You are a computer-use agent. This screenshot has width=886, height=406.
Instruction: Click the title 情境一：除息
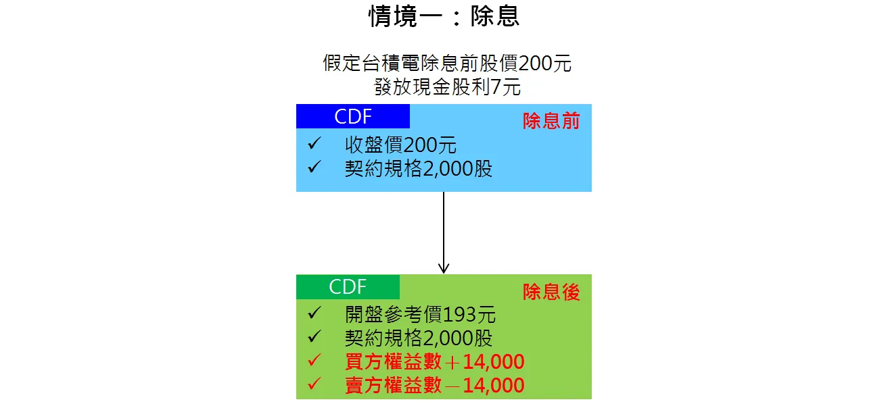pos(444,16)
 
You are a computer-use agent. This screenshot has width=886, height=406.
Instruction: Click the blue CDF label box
pos(353,116)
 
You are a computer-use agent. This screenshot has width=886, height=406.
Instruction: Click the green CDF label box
pos(348,286)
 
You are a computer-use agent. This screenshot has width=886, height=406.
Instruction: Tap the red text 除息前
pos(551,121)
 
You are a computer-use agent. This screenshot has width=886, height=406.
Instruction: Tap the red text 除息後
pos(551,292)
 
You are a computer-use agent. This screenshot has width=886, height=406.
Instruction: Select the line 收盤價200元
pos(400,145)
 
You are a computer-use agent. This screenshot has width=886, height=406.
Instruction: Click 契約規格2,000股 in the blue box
pos(418,169)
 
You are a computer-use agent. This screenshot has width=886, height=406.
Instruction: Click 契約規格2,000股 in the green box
pos(418,338)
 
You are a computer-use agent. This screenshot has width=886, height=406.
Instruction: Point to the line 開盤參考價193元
pos(420,315)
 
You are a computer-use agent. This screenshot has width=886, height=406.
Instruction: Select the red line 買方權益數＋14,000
pos(434,361)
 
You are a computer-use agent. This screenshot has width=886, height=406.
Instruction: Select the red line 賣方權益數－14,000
pos(434,385)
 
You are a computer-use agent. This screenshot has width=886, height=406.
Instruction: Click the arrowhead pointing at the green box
pos(444,268)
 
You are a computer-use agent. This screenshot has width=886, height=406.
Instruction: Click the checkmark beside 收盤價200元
pos(314,144)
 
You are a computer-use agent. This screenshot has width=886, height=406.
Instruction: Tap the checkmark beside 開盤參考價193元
pos(314,313)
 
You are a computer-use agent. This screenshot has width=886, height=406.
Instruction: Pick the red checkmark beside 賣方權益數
pos(314,383)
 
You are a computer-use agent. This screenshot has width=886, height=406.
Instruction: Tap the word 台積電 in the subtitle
pos(390,64)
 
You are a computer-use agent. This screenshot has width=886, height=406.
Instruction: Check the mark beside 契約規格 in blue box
pos(314,167)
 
